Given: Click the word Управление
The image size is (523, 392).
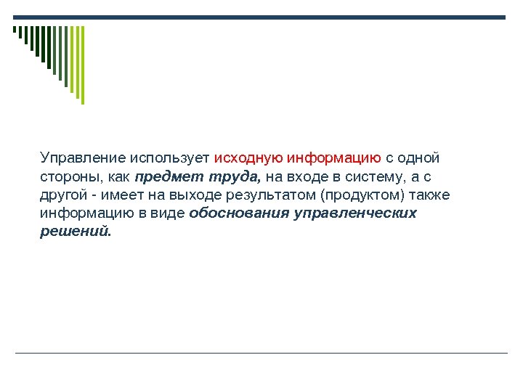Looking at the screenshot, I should click(x=84, y=158).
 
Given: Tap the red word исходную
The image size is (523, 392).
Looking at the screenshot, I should click(x=248, y=158).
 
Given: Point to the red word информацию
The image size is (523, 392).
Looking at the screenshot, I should click(x=335, y=158).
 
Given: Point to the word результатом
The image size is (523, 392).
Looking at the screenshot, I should click(x=278, y=195).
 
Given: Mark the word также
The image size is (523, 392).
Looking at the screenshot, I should click(x=430, y=195).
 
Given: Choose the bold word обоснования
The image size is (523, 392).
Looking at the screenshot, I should click(x=238, y=213).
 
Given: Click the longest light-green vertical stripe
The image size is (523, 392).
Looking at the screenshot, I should click(x=82, y=65).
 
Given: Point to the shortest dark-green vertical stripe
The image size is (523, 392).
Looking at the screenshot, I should click(x=14, y=30).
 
